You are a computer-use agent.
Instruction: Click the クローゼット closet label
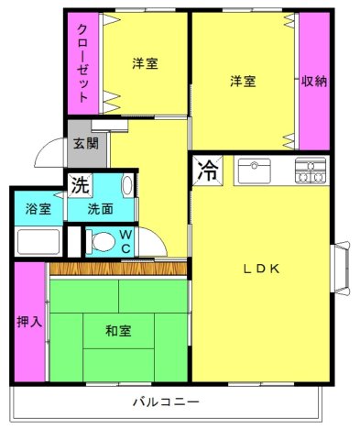(82, 62)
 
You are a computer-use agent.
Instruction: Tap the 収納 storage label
(314, 80)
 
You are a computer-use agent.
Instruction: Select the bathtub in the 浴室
(36, 242)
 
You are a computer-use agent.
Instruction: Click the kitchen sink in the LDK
(254, 170)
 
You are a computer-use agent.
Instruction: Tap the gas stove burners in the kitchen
(311, 170)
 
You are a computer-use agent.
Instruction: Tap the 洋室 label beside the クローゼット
(144, 63)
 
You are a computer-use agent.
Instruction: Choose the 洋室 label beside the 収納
(243, 80)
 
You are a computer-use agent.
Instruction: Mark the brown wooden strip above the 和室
(117, 269)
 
